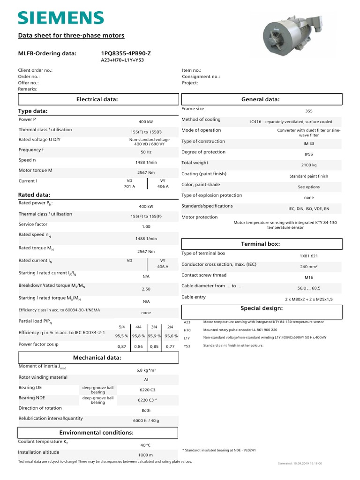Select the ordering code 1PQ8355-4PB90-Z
coord(126,53)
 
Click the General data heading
coord(260,99)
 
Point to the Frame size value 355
coord(308,111)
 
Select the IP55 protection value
coord(308,154)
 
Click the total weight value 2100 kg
coord(308,165)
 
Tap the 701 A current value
coord(129,187)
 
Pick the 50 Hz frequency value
coord(146,152)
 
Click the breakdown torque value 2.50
coord(146,289)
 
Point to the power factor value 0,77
coord(170,346)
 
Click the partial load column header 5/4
coord(122,326)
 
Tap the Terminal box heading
coord(260,244)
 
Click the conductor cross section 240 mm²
coord(308,266)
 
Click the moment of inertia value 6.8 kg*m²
coord(146,370)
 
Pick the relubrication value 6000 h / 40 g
coord(146,420)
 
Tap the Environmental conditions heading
coord(96,432)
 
